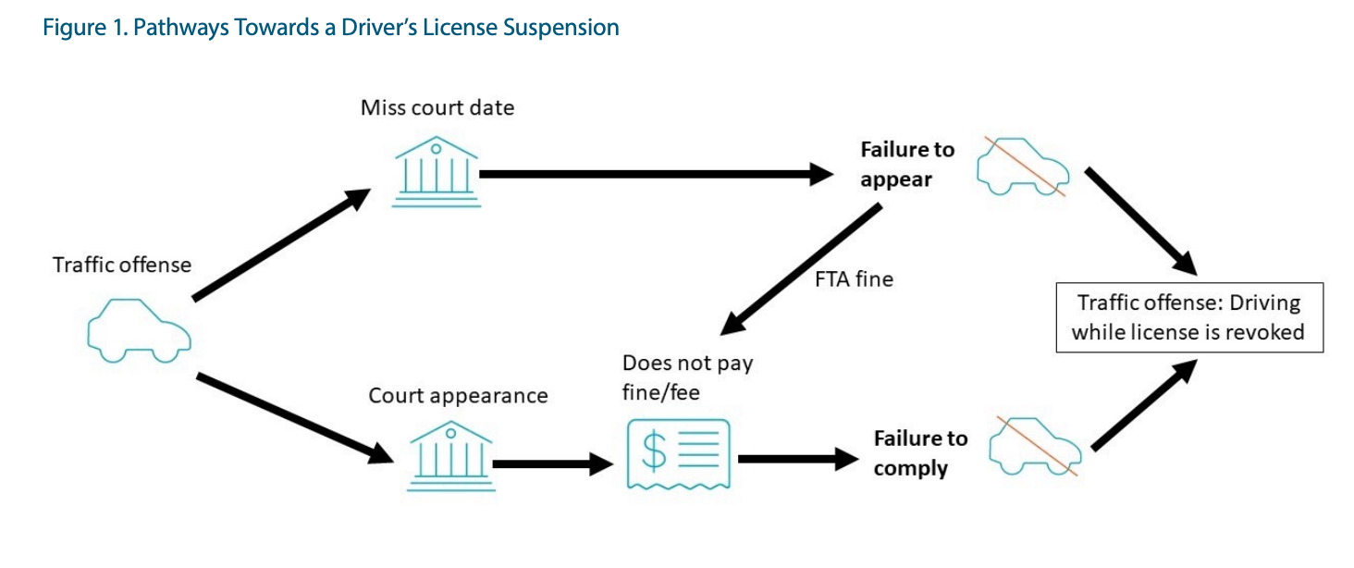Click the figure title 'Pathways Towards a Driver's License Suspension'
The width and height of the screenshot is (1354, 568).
click(331, 28)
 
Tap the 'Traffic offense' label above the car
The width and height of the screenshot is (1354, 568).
click(122, 265)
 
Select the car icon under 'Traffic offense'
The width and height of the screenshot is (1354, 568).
click(139, 330)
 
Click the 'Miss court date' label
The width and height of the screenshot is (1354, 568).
click(437, 107)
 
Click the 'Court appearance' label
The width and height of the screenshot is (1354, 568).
click(458, 396)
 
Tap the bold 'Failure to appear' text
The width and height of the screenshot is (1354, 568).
click(906, 164)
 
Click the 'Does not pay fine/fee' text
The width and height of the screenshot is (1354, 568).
click(687, 377)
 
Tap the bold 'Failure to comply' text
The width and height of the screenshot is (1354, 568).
click(920, 452)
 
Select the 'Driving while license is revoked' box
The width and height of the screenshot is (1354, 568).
click(1189, 317)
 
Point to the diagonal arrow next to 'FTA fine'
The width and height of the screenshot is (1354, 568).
click(800, 270)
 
